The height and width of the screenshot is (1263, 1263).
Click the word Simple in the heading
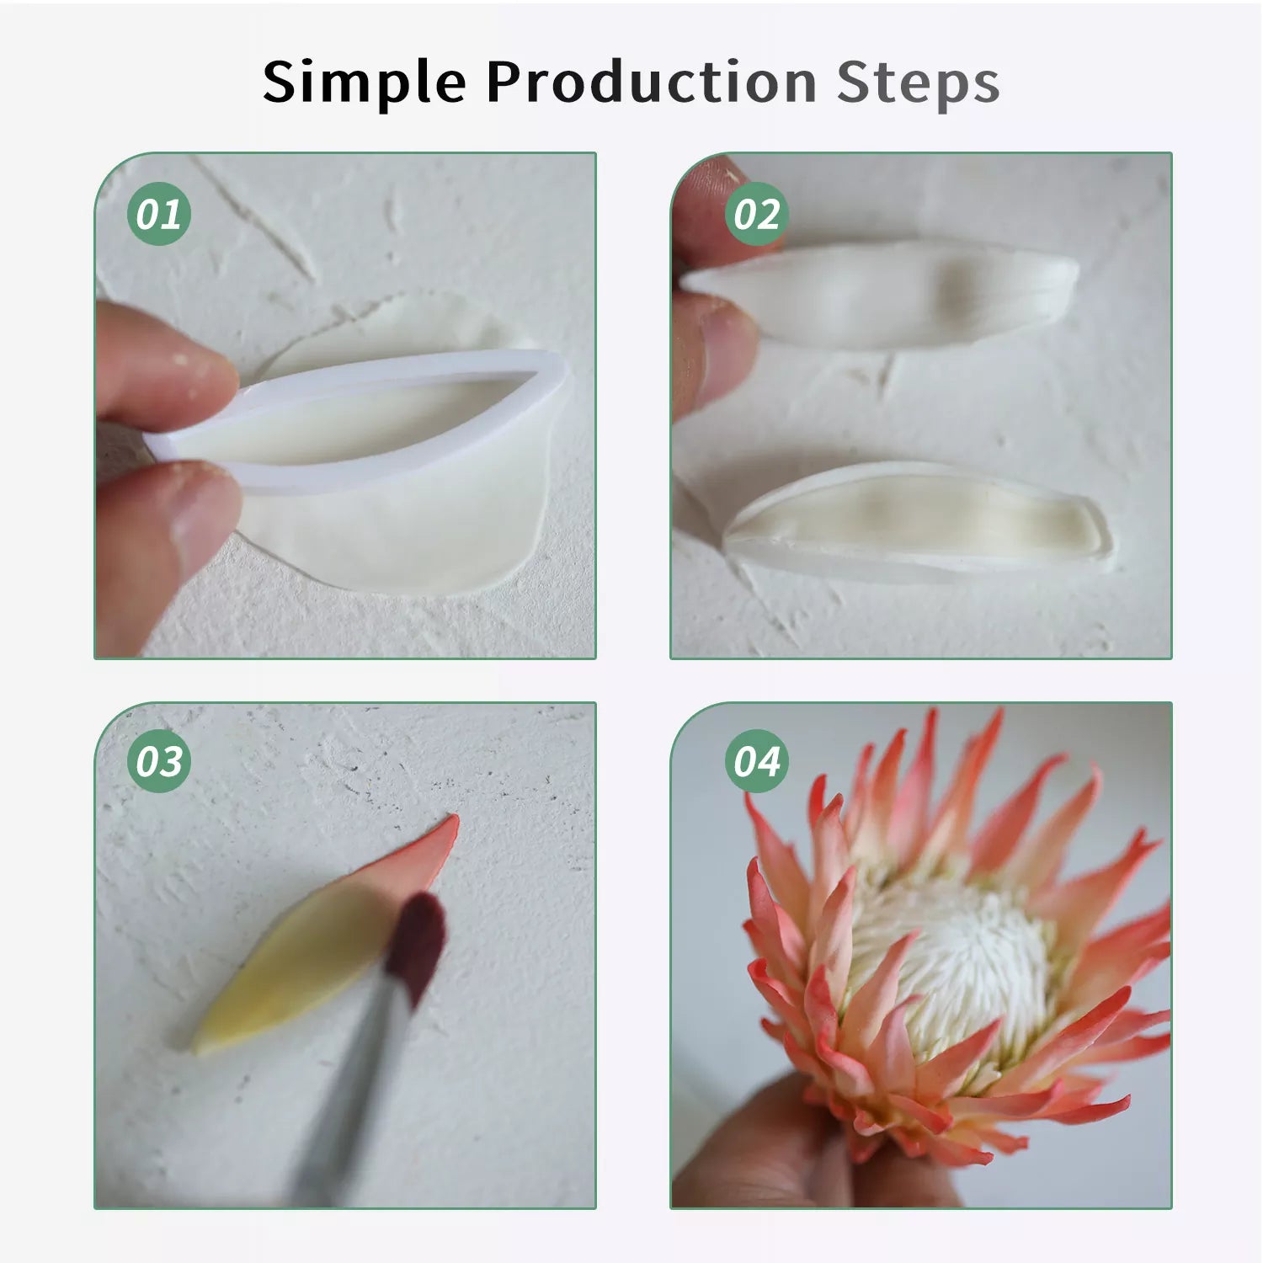[364, 84]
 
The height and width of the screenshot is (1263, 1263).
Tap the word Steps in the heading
[918, 84]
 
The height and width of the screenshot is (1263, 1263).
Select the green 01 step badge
[159, 214]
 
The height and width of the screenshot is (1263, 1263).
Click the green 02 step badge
[756, 214]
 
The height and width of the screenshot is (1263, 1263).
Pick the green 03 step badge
[159, 761]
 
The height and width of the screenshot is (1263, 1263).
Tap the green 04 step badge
[756, 761]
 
